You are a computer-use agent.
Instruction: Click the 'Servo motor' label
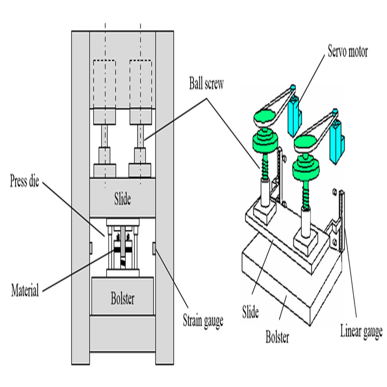coord(347,51)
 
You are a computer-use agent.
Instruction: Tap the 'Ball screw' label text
coord(206,84)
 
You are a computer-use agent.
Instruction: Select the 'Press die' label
coord(25,181)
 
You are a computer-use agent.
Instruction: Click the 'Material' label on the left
coord(25,290)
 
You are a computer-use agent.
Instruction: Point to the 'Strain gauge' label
coord(203,321)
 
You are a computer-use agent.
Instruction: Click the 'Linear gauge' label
coord(361,331)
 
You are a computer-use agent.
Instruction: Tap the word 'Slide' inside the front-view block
coord(123,199)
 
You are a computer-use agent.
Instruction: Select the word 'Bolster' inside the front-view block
coord(123,298)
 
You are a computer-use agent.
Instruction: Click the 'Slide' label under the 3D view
coord(250,312)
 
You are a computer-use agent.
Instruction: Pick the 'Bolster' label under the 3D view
coord(277,337)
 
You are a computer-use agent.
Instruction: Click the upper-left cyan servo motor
coord(294,116)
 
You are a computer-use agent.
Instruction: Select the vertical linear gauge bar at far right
coord(342,222)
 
